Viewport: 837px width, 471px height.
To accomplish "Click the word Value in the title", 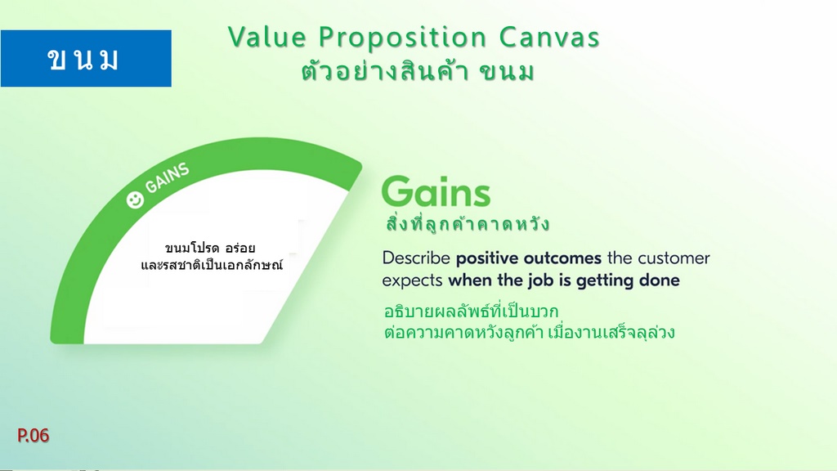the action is click(x=267, y=37).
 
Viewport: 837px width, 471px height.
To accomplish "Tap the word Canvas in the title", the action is click(x=550, y=37).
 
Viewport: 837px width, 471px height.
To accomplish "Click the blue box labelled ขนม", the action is click(x=86, y=58).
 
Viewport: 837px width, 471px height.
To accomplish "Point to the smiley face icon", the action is click(x=135, y=200).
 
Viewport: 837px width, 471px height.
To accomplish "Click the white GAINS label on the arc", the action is click(x=167, y=177).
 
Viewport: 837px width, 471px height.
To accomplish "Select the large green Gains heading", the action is click(x=436, y=191).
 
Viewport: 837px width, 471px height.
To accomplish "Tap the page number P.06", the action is click(x=33, y=435).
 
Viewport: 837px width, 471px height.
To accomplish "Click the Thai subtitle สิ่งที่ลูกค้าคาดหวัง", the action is click(x=467, y=224).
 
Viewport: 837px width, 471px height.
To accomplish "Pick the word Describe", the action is click(x=416, y=258).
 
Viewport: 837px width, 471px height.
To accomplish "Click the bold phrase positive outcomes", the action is click(x=529, y=258).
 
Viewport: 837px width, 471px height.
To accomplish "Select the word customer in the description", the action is click(x=674, y=258).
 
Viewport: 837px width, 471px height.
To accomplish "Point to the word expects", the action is click(x=412, y=281).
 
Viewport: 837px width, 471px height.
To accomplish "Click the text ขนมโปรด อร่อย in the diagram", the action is click(x=210, y=248).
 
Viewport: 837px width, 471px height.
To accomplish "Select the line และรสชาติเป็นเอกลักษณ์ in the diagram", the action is click(x=212, y=265).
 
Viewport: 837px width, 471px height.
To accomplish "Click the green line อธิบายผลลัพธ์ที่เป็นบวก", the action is click(x=471, y=310).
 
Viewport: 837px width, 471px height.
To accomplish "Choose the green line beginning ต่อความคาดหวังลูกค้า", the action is click(x=530, y=332).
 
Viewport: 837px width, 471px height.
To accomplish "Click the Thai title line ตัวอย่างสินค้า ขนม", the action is click(x=418, y=72).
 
